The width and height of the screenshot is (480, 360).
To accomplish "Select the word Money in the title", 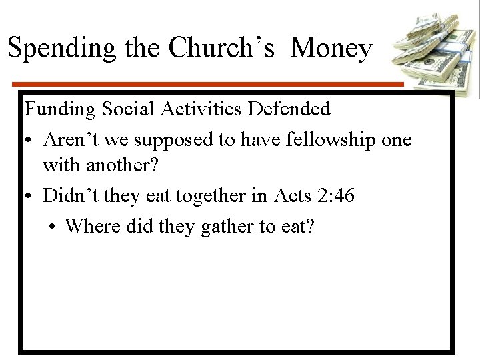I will point(331,49).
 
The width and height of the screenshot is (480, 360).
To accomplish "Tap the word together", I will point(205,195).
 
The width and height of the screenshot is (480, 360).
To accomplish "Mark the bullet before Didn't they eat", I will point(29,196).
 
